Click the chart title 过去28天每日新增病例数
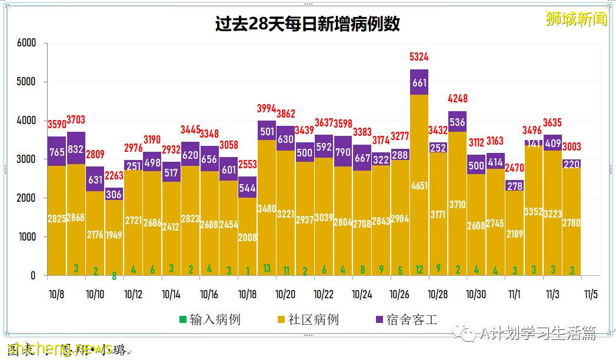[308, 24]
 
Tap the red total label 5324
[419, 57]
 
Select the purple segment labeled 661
[419, 82]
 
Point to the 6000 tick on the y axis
[26, 43]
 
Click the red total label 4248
[458, 98]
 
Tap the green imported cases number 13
[267, 269]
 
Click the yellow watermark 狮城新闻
[577, 19]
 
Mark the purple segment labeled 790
[343, 151]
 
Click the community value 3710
[458, 205]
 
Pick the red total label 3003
[572, 147]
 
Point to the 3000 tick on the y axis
[26, 159]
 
